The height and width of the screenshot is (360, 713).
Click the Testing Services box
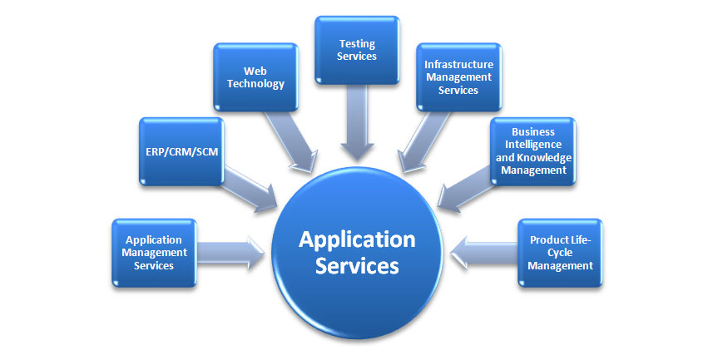358,50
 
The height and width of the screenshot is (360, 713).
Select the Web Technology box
255,77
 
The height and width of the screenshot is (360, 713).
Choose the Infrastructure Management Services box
458,76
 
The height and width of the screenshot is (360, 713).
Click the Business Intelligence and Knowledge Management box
532,150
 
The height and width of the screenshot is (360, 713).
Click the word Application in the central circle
357,239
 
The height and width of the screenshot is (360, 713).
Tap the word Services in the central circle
357,267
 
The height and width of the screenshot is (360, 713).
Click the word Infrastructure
458,63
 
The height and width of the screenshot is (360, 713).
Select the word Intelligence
532,145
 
